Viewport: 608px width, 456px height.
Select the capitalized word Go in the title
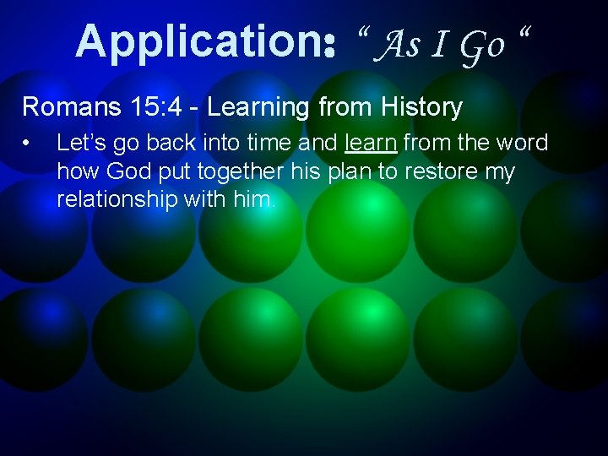coord(482,44)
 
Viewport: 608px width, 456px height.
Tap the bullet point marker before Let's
coord(29,144)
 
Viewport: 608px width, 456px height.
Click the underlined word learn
coord(371,143)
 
